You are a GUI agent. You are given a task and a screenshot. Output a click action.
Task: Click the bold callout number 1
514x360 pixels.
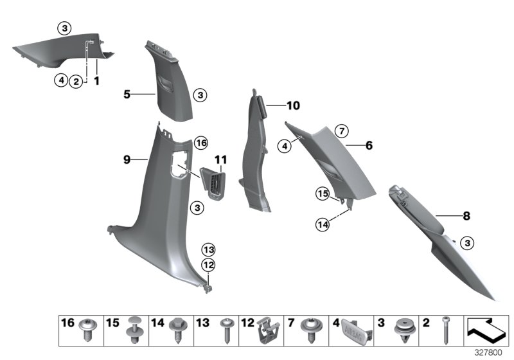pos(97,81)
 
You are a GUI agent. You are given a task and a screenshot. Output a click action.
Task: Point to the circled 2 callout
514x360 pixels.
pos(77,81)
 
